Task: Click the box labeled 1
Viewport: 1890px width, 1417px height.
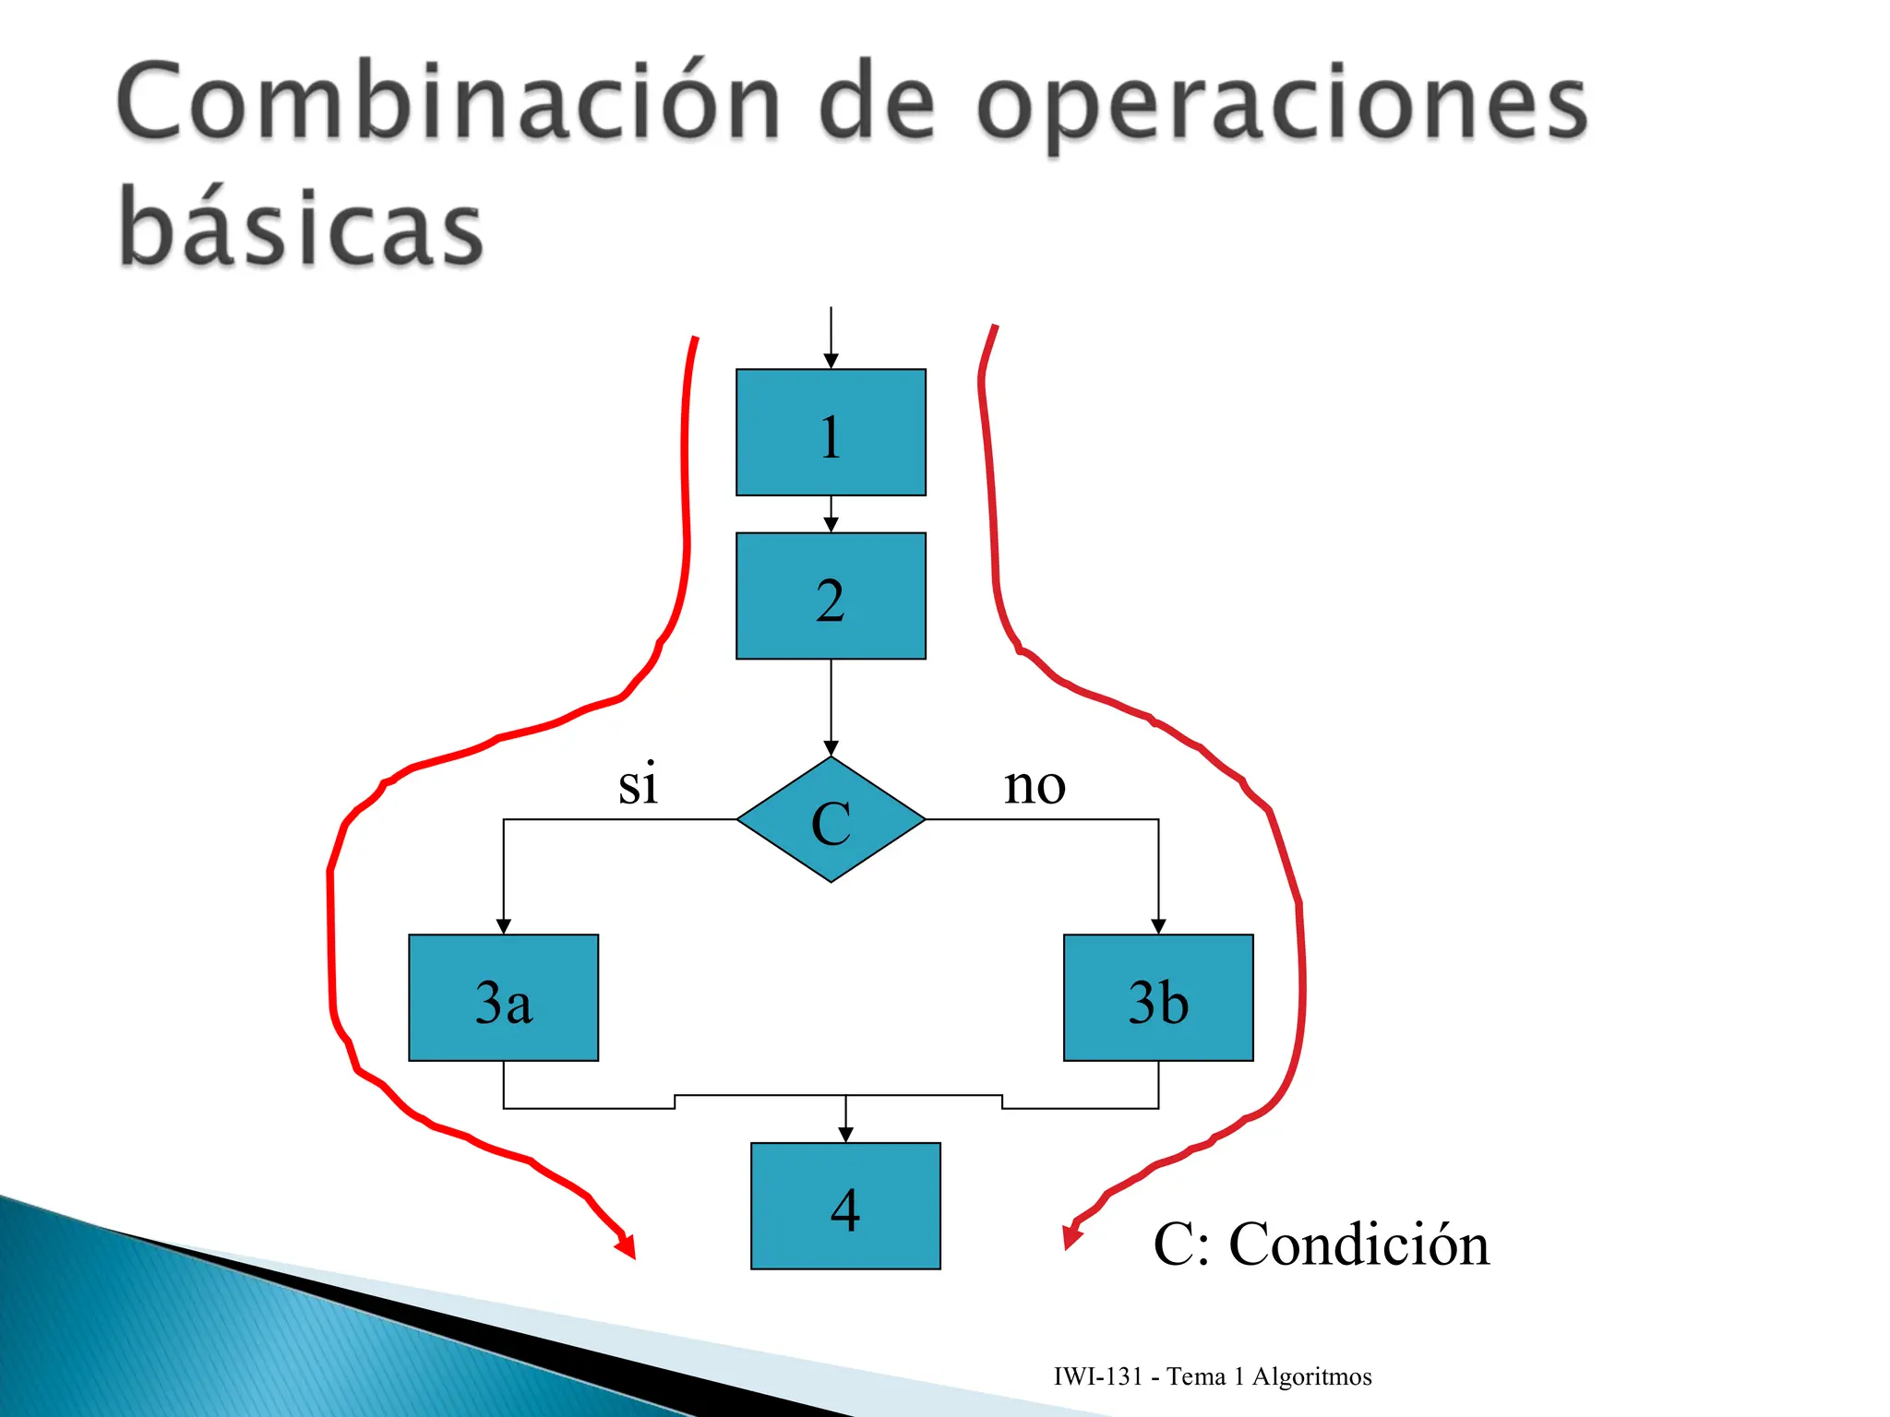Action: [831, 433]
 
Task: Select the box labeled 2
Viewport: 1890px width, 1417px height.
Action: [831, 596]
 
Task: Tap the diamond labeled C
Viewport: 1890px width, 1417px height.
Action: [831, 820]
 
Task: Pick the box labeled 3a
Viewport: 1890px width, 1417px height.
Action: [504, 998]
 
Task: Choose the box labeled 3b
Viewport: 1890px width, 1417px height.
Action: [1158, 998]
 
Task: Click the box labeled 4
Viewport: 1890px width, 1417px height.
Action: [845, 1207]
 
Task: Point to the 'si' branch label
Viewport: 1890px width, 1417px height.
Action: [638, 785]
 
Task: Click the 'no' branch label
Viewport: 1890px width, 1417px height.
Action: [1035, 785]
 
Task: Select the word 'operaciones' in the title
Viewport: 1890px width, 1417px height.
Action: [1282, 106]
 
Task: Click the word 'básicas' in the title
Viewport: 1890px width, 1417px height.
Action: [301, 226]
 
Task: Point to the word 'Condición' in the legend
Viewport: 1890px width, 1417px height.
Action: [1358, 1244]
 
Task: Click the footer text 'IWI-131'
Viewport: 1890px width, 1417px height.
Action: [1098, 1376]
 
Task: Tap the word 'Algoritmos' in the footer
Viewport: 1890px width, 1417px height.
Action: [1311, 1376]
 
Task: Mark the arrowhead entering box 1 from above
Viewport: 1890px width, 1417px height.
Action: [831, 362]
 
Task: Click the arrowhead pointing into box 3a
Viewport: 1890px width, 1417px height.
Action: [504, 926]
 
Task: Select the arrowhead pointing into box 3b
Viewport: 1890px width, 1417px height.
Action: [1158, 926]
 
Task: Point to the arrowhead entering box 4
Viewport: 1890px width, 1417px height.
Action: [845, 1135]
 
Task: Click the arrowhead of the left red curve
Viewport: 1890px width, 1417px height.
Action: [628, 1248]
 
